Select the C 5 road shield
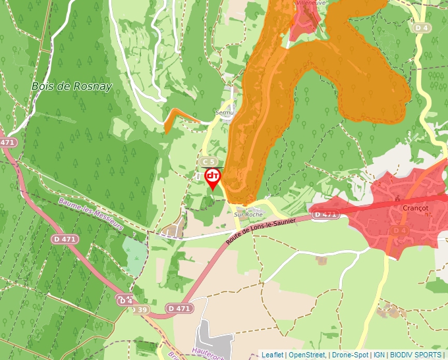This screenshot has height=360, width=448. (209, 161)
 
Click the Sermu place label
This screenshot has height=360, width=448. (225, 113)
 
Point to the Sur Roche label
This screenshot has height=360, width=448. (248, 215)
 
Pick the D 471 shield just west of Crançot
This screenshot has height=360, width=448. (325, 215)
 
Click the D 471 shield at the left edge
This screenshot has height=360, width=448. (7, 142)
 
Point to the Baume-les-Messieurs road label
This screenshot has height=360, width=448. (90, 216)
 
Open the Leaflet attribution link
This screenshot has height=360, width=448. (272, 355)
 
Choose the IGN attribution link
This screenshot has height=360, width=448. (379, 355)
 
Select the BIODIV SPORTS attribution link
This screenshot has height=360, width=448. (415, 355)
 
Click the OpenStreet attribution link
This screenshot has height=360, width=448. (307, 355)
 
